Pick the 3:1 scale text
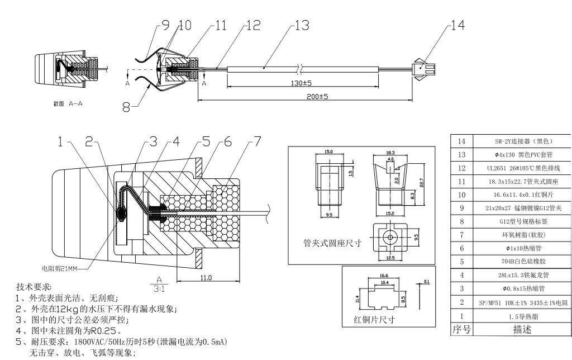(x=159, y=288)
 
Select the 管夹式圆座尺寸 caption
(x=331, y=244)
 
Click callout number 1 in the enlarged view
(x=60, y=142)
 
